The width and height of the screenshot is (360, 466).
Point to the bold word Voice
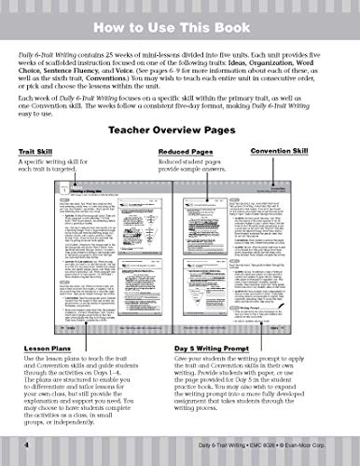142,79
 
